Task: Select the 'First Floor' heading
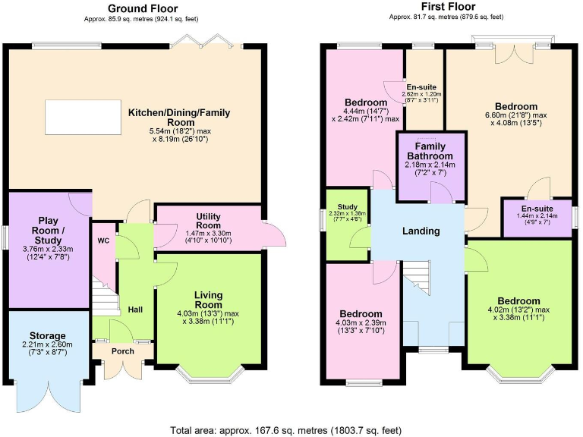(x=448, y=7)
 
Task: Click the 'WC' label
(x=102, y=241)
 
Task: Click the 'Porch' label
(x=123, y=351)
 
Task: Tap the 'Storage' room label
(x=47, y=335)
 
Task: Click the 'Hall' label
(x=135, y=310)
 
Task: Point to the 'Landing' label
(x=421, y=231)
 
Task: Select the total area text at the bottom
(x=286, y=430)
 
